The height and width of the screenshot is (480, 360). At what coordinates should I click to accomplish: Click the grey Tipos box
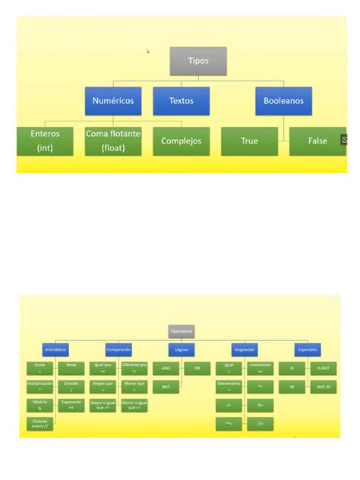(197, 61)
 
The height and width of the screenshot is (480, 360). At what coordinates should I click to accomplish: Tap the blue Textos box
(181, 100)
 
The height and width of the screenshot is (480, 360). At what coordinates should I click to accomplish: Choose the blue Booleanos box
(283, 100)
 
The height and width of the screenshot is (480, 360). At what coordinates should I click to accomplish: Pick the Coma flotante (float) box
(113, 141)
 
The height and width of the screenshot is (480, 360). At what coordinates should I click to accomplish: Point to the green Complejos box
(181, 141)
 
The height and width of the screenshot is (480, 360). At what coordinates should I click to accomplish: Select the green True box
(249, 141)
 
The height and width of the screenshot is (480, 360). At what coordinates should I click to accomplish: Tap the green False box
(317, 141)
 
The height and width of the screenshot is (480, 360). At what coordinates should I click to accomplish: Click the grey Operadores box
(182, 331)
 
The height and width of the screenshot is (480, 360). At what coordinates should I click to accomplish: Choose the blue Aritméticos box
(55, 349)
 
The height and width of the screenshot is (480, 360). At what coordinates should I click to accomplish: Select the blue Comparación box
(118, 349)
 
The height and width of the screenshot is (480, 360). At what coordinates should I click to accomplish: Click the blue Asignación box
(245, 349)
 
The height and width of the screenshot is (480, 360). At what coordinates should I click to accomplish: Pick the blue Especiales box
(308, 349)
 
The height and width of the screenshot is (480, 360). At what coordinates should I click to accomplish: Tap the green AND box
(166, 368)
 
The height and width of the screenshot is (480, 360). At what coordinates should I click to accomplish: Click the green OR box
(197, 368)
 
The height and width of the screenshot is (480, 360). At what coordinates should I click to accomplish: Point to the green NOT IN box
(323, 387)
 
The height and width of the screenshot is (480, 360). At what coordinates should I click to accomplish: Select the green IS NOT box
(323, 368)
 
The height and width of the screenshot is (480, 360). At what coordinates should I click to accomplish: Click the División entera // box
(39, 424)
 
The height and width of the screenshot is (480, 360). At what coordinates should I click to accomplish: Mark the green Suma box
(39, 368)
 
